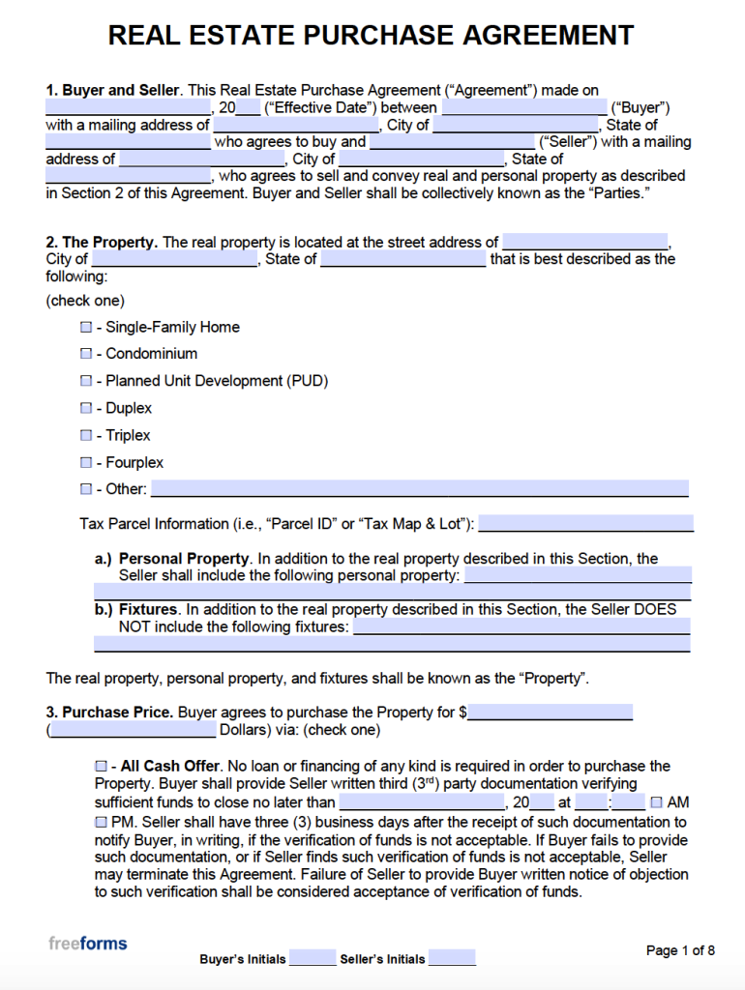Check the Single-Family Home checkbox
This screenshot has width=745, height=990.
click(86, 328)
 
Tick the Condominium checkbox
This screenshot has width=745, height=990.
click(86, 355)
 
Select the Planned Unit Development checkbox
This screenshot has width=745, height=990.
click(86, 382)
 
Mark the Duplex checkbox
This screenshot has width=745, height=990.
click(86, 409)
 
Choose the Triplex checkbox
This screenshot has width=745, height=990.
click(86, 436)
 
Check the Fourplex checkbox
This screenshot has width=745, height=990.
click(86, 463)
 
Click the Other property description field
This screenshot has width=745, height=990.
click(420, 488)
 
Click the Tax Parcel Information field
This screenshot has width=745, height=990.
click(585, 523)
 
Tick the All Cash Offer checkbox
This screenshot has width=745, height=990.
click(101, 767)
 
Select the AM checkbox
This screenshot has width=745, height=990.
click(657, 802)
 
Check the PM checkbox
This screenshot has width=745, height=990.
click(101, 821)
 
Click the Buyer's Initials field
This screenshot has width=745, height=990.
click(312, 958)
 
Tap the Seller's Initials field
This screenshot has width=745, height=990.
click(452, 958)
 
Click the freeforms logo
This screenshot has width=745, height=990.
click(88, 943)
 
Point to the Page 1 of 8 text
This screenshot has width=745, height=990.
click(680, 950)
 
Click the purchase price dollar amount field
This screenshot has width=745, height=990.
click(551, 713)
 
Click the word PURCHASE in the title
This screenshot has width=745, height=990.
click(379, 36)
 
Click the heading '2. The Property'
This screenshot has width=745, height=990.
click(102, 242)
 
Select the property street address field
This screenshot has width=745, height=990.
click(585, 242)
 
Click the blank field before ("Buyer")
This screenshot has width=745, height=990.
click(523, 107)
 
